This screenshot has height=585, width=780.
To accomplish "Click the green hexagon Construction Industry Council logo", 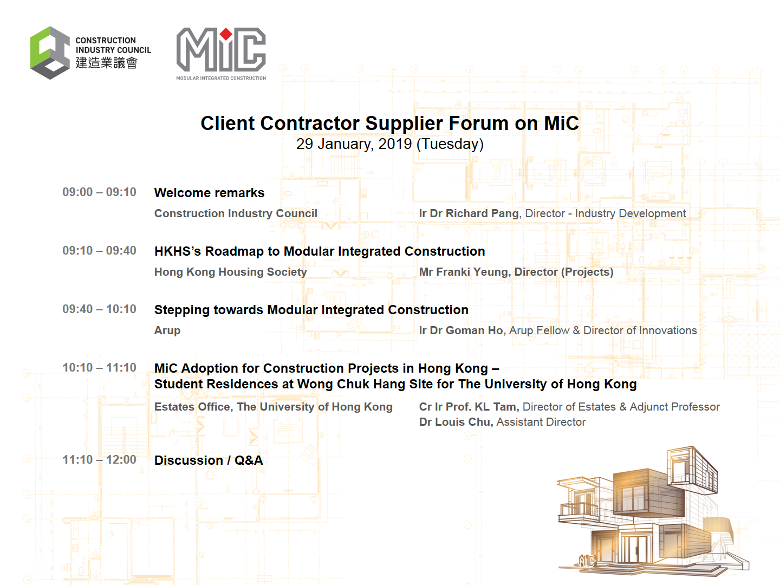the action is click(x=50, y=53).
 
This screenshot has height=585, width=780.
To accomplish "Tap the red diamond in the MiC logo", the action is click(x=226, y=34).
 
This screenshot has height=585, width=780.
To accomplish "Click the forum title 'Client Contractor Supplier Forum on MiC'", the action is click(x=390, y=123).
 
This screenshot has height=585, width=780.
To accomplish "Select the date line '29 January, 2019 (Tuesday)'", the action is click(x=390, y=144).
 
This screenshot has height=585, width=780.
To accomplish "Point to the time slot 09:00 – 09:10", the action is click(x=100, y=192).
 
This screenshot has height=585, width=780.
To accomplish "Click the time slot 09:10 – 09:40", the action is click(x=100, y=251).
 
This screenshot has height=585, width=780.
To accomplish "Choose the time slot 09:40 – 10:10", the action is click(x=100, y=309).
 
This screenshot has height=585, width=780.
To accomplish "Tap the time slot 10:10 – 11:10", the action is click(x=100, y=368).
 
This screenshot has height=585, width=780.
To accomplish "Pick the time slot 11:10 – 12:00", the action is click(x=100, y=460).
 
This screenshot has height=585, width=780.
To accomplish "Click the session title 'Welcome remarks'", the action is click(x=209, y=193).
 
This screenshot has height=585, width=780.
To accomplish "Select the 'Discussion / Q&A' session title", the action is click(x=209, y=460).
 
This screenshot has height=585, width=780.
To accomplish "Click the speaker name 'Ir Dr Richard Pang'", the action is click(x=469, y=213).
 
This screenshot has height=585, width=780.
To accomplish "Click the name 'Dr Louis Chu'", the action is click(x=455, y=422).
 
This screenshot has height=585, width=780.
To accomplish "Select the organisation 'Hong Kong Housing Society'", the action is click(x=231, y=272).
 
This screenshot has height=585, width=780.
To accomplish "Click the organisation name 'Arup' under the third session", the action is click(x=167, y=330).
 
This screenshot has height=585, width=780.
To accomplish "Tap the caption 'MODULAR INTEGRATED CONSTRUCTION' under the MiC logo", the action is click(x=221, y=78).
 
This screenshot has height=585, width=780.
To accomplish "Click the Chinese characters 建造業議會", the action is click(x=107, y=63).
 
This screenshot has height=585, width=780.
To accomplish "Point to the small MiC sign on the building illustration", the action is click(x=586, y=561).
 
